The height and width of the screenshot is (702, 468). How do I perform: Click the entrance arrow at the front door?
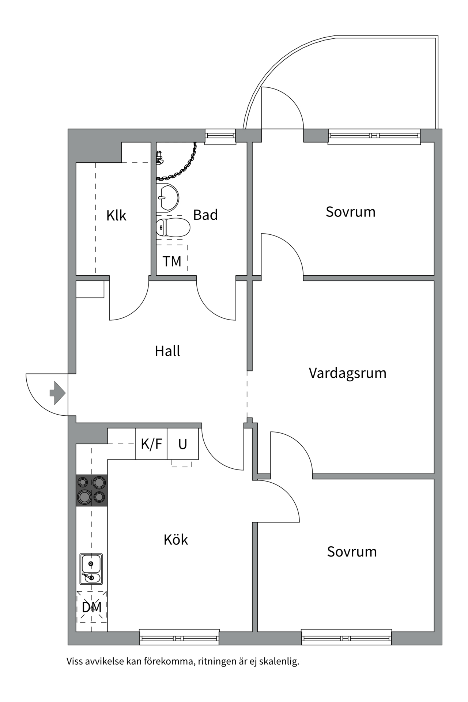57,393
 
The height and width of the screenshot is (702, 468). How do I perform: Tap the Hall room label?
167,351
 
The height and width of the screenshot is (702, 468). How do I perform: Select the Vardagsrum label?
347,373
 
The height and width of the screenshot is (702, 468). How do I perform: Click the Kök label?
175,540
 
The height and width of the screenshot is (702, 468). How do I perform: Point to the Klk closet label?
116,215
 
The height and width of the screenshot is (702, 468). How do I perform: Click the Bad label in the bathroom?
205,215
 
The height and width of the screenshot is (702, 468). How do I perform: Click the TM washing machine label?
172,261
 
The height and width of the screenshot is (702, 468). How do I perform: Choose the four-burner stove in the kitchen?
91,490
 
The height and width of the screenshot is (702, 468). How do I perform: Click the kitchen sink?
91,569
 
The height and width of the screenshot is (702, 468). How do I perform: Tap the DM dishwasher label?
91,607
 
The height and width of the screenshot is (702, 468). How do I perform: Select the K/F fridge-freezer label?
151,444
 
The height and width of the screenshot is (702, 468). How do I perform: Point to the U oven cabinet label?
182,444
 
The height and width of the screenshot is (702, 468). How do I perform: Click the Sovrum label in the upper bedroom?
351,212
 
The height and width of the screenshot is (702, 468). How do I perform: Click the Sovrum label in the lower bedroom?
352,552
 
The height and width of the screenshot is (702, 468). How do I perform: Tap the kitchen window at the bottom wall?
179,638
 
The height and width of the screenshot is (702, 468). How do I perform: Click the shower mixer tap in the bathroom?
159,157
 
